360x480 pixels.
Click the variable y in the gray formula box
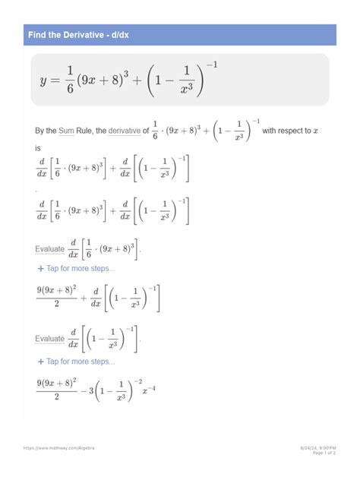[x=45, y=80]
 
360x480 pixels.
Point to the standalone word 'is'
[x=39, y=149]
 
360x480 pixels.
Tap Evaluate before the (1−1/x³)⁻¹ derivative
[x=50, y=339]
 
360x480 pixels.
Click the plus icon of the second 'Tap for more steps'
[x=40, y=362]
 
